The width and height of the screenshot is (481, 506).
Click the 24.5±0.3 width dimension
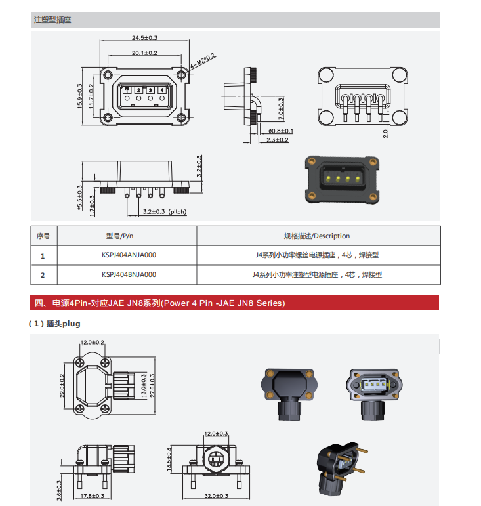point(144,38)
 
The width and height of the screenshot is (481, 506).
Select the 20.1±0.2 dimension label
point(144,53)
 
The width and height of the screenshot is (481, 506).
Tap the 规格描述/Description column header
point(317,236)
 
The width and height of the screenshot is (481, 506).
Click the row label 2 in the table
point(43,274)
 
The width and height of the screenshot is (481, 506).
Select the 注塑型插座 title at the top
point(52,20)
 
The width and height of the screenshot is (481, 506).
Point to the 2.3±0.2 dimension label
point(278,140)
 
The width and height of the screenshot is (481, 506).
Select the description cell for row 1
point(317,255)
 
